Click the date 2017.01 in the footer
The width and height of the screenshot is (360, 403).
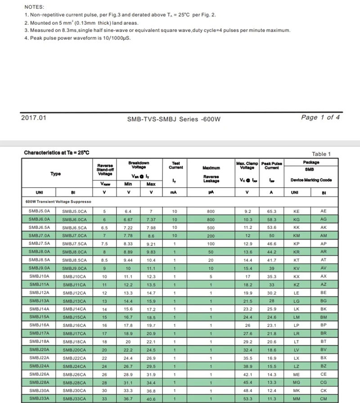point(34,118)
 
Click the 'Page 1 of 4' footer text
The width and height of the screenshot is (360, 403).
point(320,118)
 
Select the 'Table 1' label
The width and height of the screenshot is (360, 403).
point(321,154)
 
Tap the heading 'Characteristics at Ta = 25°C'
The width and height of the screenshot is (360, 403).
point(57,153)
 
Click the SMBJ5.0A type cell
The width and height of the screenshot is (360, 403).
point(39,211)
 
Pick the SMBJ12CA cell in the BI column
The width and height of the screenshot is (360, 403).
point(74,293)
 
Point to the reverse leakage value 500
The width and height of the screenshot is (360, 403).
point(211,227)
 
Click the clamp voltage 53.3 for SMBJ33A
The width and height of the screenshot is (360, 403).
point(247,398)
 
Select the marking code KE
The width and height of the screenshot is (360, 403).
point(296,211)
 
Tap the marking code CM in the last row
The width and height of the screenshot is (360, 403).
point(323,398)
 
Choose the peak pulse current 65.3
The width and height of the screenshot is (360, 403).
point(271,211)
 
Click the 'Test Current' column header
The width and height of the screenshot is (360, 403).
point(175,165)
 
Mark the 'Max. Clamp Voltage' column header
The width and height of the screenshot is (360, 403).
point(247,165)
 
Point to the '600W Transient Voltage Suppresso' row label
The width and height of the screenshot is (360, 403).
point(58,202)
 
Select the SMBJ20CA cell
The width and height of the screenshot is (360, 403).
point(74,349)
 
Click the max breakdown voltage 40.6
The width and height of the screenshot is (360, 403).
point(151,399)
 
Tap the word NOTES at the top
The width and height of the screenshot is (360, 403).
point(34,7)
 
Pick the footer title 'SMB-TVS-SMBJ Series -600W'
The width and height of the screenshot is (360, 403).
point(174,119)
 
